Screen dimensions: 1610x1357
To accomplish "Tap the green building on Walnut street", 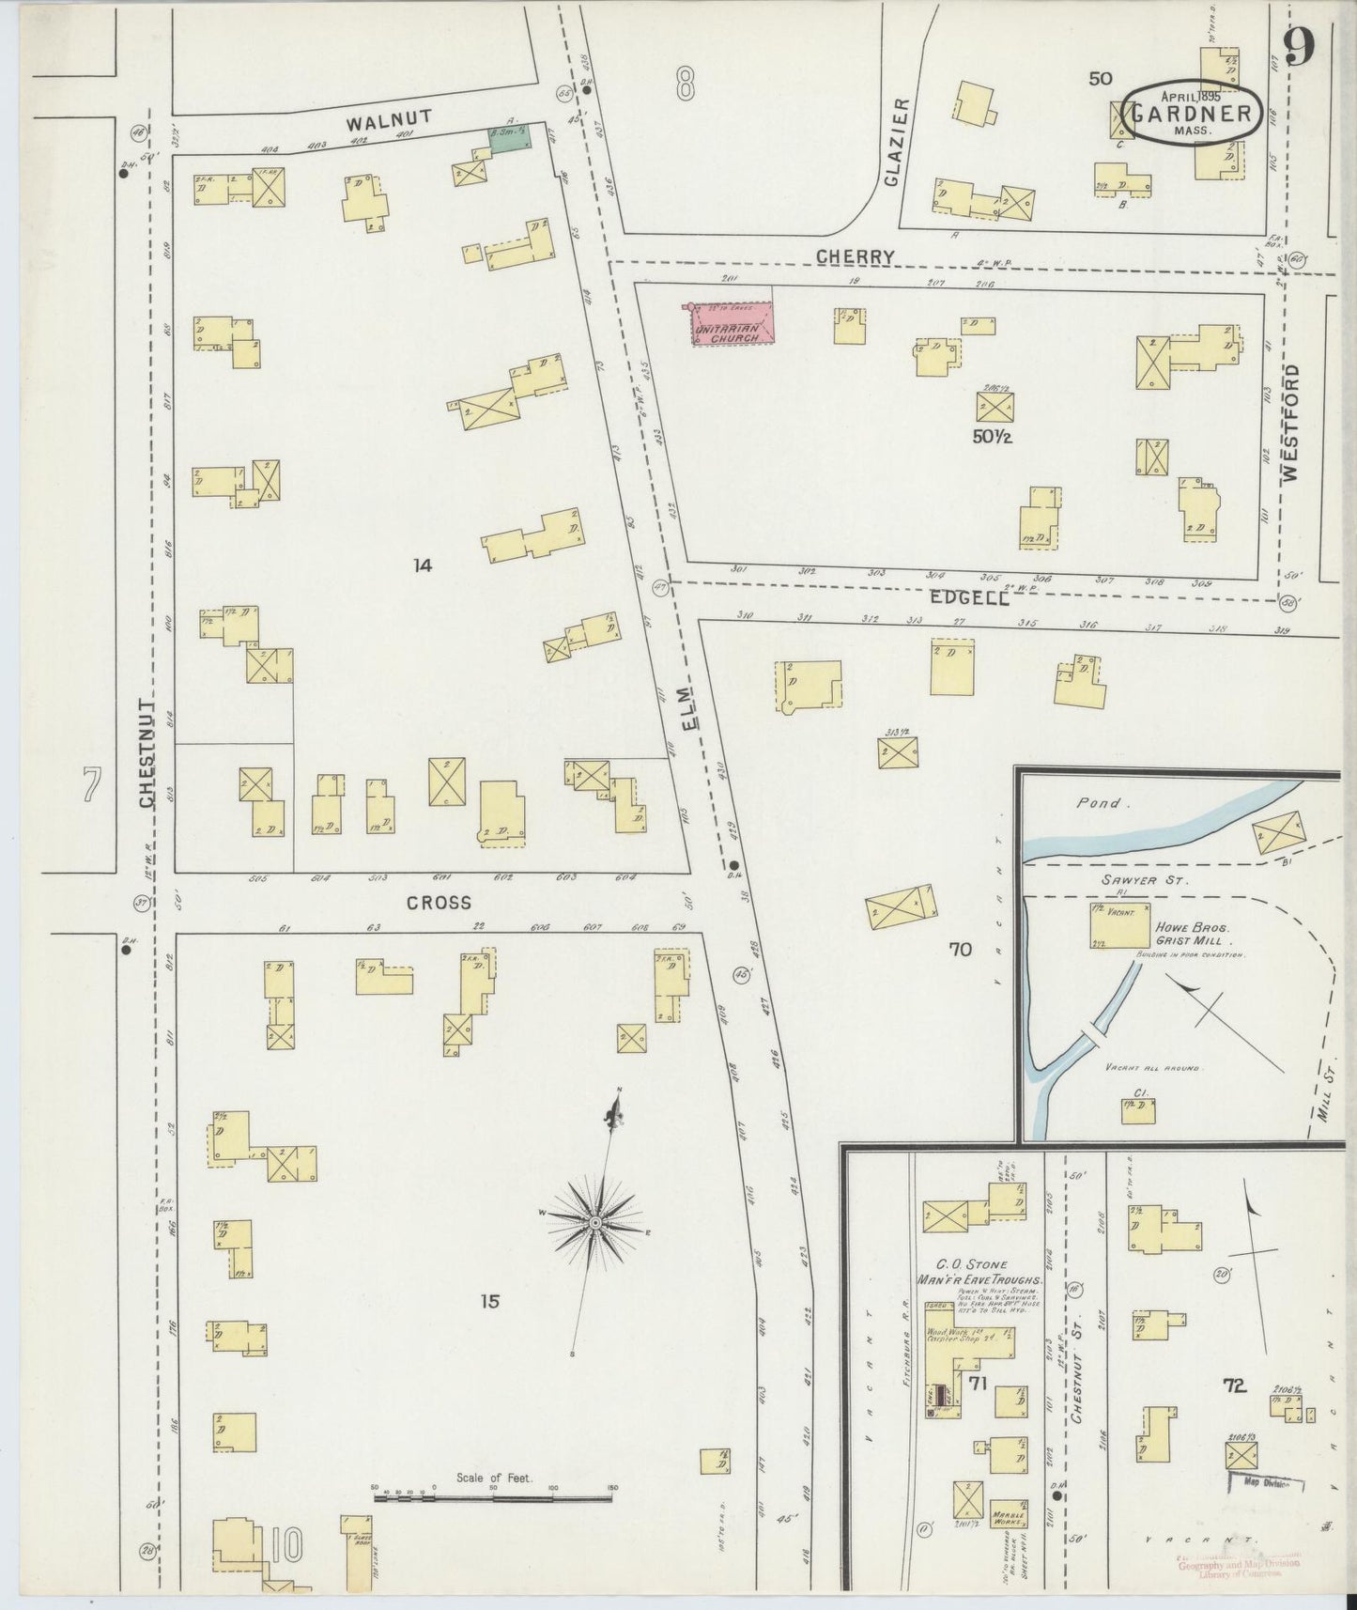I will coord(509,137).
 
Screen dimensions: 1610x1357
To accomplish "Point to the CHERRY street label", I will coord(854,256).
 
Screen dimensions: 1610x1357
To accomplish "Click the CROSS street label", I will coord(438,902).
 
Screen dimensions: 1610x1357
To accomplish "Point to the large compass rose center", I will coord(595,1222).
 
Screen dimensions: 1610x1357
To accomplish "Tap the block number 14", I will coord(423,565).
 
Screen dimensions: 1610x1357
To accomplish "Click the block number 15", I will coord(489,1301).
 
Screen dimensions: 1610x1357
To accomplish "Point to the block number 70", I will coord(960,950).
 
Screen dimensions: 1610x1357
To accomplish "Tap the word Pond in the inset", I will coord(1099,803).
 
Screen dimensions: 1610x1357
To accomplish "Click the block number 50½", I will coord(995,437).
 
